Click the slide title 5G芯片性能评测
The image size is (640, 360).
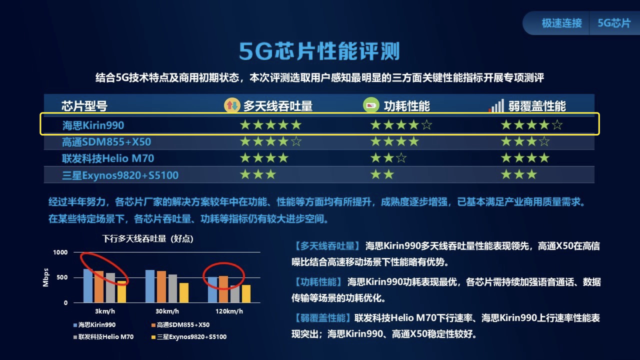(x=319, y=51)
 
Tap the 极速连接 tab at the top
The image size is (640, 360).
(x=561, y=23)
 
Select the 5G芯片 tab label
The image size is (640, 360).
(x=613, y=23)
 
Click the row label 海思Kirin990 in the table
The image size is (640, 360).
(x=93, y=125)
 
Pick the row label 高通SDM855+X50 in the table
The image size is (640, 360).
(x=106, y=142)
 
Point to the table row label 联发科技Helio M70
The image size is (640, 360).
(x=107, y=158)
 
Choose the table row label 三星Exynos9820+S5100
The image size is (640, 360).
(x=120, y=175)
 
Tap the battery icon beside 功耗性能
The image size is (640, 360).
(x=370, y=105)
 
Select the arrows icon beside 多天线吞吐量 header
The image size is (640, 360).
(x=231, y=105)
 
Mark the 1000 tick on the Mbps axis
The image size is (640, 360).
(x=60, y=252)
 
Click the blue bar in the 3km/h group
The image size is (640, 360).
(x=88, y=285)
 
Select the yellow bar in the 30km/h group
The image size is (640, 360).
(x=184, y=292)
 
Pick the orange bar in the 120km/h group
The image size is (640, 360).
(x=223, y=289)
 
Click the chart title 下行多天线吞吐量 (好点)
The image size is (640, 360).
(x=147, y=239)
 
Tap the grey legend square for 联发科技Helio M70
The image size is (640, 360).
(x=75, y=337)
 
